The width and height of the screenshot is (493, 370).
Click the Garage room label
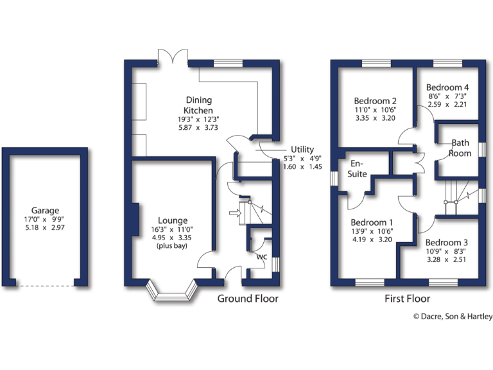point(45,210)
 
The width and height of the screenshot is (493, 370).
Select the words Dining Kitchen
point(198,105)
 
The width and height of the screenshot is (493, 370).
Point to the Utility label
point(302,149)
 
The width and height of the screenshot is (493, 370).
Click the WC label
point(261,257)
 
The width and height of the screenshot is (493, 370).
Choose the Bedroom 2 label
point(375,101)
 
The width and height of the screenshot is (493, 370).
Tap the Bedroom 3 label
point(447,242)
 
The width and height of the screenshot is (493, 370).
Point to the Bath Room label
point(461,148)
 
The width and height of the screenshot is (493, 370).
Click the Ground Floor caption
point(248,299)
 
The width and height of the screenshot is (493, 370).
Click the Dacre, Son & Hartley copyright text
point(452,316)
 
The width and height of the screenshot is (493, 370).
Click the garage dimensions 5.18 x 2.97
point(45,228)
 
